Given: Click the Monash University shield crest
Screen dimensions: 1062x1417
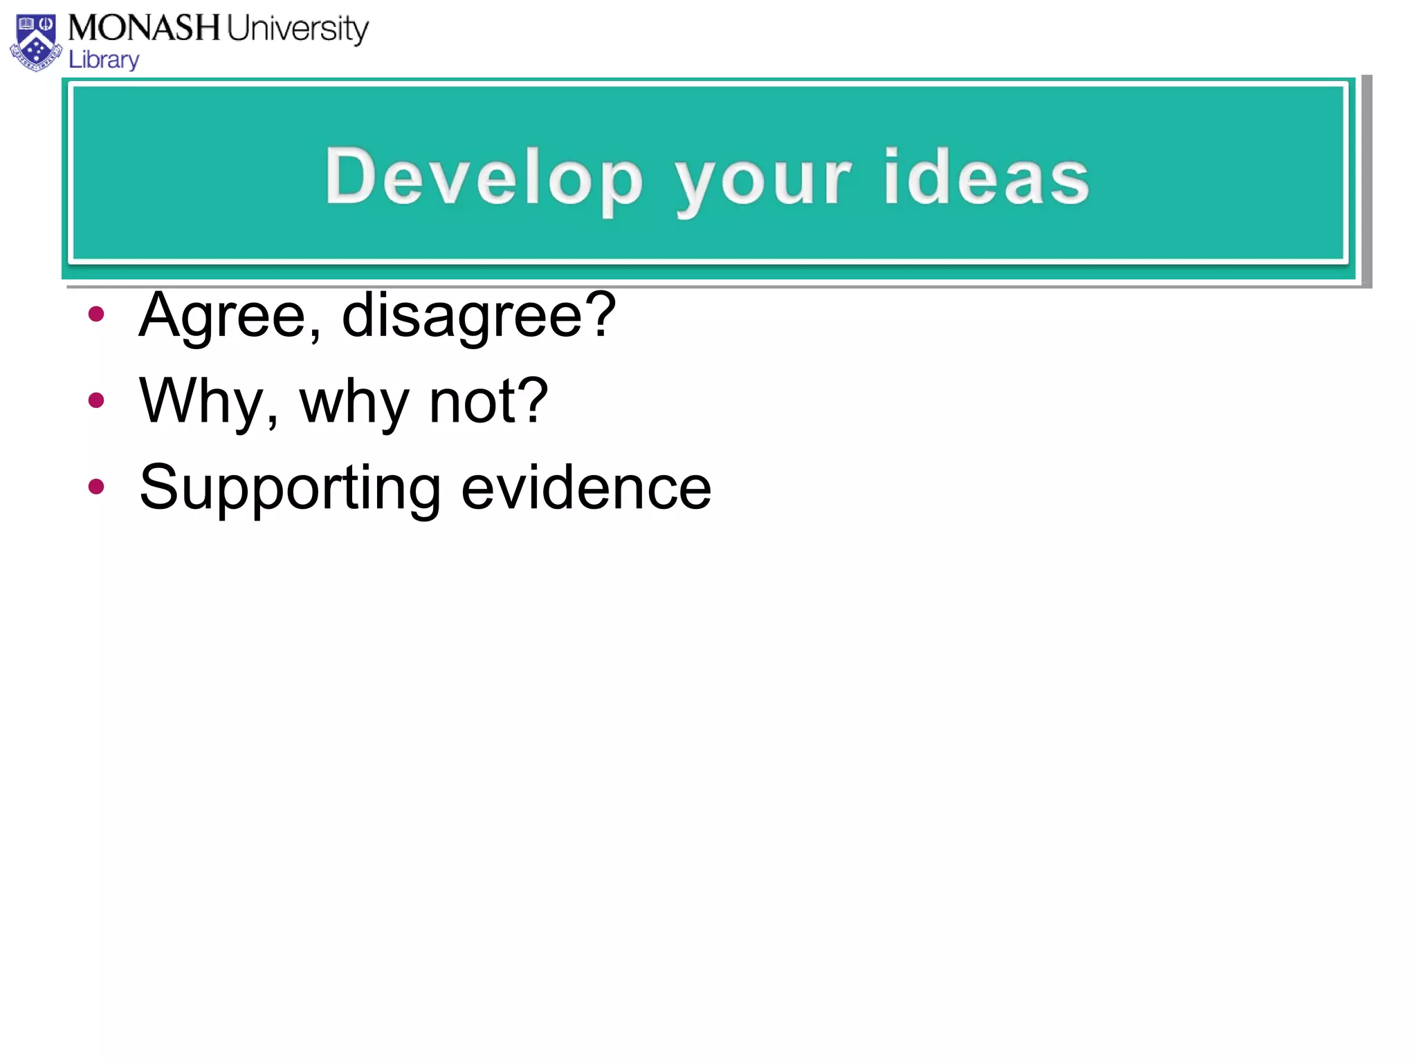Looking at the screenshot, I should click(x=36, y=43).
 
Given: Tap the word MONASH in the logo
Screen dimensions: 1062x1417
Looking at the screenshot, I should click(x=144, y=28).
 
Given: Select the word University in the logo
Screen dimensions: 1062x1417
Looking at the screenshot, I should click(x=298, y=30).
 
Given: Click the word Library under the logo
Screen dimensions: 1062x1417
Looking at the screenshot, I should click(x=104, y=60).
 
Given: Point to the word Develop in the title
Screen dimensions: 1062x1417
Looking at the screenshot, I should click(x=484, y=178).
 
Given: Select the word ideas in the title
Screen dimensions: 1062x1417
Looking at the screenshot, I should click(x=986, y=178).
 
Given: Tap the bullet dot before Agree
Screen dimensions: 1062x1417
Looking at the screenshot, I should click(x=96, y=315).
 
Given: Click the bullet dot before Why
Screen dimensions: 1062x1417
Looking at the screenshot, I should click(x=96, y=400).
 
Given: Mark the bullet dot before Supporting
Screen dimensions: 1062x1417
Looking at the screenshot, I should click(x=96, y=487).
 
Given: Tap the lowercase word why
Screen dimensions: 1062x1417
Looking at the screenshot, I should click(x=354, y=404).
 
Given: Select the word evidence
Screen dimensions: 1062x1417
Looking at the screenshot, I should click(x=586, y=487).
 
